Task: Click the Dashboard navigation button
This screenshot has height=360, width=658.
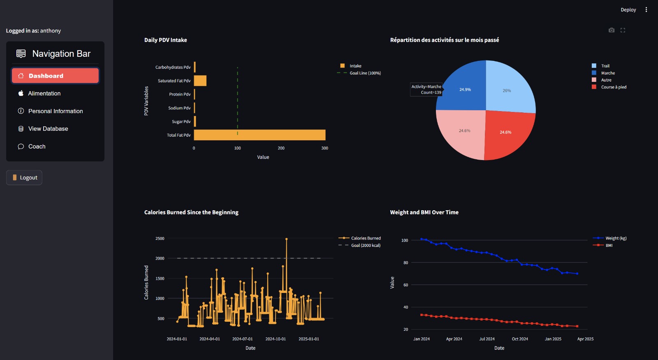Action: (55, 76)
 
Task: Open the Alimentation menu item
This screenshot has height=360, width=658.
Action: (44, 93)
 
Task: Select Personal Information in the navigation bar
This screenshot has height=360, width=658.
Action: (55, 111)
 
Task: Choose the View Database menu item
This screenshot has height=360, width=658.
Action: (48, 129)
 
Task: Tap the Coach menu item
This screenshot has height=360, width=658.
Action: (37, 146)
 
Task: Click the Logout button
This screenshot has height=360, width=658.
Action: (24, 178)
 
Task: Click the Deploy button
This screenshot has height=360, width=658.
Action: (628, 10)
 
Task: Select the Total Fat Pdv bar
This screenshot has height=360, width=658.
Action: (259, 135)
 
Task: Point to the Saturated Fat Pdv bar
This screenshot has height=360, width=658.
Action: (200, 81)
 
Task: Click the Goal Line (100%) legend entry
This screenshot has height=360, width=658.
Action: (365, 73)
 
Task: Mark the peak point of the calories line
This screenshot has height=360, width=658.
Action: (286, 239)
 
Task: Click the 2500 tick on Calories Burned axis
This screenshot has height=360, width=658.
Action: (160, 239)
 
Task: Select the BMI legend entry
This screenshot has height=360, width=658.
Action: (609, 246)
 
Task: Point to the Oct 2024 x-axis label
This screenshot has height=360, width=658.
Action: (520, 339)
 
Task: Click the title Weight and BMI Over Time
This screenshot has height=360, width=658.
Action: (424, 212)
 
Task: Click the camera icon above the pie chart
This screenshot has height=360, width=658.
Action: (612, 30)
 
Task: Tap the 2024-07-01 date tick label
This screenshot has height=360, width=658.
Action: (242, 339)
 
